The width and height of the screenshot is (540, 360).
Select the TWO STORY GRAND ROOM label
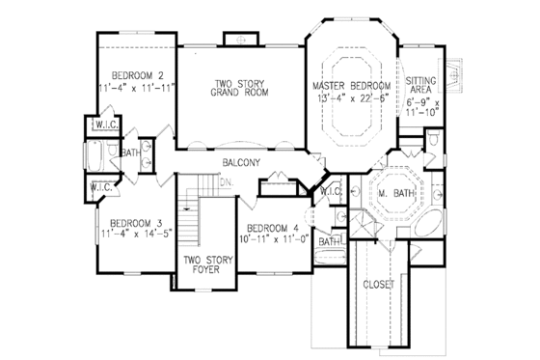pyautogui.click(x=240, y=88)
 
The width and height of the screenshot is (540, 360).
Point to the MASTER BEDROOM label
pyautogui.click(x=352, y=87)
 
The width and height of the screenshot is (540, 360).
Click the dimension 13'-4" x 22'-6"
pyautogui.click(x=352, y=97)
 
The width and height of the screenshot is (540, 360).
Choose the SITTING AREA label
pyautogui.click(x=421, y=85)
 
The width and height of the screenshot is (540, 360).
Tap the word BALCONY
pyautogui.click(x=240, y=162)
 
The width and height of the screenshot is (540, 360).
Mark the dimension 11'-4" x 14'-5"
pyautogui.click(x=136, y=232)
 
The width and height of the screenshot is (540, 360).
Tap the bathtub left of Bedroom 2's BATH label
pyautogui.click(x=97, y=155)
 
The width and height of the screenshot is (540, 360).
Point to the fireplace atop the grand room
pyautogui.click(x=236, y=39)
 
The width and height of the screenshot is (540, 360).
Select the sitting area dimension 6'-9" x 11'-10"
pyautogui.click(x=421, y=107)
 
